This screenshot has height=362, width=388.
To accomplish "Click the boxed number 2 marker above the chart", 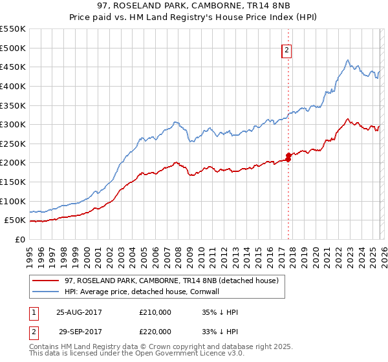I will pyautogui.click(x=287, y=52).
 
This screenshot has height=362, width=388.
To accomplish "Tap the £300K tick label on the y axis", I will pyautogui.click(x=13, y=124).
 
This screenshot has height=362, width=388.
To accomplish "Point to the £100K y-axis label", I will pyautogui.click(x=13, y=201).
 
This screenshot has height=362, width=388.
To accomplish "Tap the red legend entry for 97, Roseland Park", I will pyautogui.click(x=171, y=281).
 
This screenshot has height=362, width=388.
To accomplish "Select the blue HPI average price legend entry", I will pyautogui.click(x=152, y=292).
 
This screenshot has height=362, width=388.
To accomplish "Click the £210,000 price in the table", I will pyautogui.click(x=155, y=312).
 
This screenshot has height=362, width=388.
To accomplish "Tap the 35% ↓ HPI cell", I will pyautogui.click(x=220, y=312).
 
